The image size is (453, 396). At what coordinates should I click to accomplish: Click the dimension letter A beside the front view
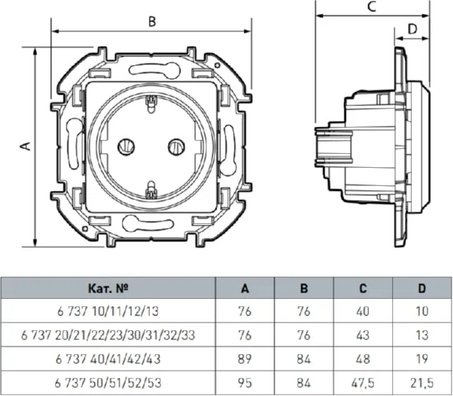[26, 146]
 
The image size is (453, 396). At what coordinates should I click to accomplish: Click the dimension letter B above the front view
[152, 21]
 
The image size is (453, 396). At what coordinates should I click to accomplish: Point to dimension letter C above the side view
[372, 7]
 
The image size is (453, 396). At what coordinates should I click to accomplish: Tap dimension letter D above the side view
[413, 29]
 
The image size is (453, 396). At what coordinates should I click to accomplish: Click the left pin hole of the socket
[126, 147]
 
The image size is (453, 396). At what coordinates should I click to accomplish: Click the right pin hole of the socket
[176, 147]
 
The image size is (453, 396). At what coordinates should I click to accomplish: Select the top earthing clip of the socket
[151, 104]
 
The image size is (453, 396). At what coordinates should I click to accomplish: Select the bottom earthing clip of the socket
[151, 190]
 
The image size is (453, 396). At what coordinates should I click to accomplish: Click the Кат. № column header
[108, 288]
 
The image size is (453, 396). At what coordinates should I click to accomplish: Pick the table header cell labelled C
[363, 288]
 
